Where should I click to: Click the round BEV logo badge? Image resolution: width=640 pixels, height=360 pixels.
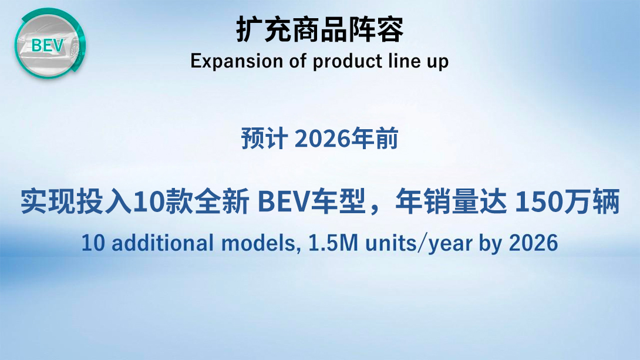click(x=50, y=43)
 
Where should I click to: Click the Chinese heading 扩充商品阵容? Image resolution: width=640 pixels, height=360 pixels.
click(x=320, y=29)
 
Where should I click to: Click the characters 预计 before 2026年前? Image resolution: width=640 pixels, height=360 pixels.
click(x=264, y=139)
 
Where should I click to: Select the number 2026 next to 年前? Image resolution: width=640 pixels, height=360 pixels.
click(x=322, y=139)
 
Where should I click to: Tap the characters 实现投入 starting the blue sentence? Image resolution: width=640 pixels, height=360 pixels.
click(x=76, y=201)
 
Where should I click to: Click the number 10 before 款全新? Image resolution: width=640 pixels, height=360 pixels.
click(x=148, y=202)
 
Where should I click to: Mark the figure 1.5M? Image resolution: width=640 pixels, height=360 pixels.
click(x=333, y=243)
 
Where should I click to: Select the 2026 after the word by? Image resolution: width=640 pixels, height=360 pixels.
click(x=533, y=243)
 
